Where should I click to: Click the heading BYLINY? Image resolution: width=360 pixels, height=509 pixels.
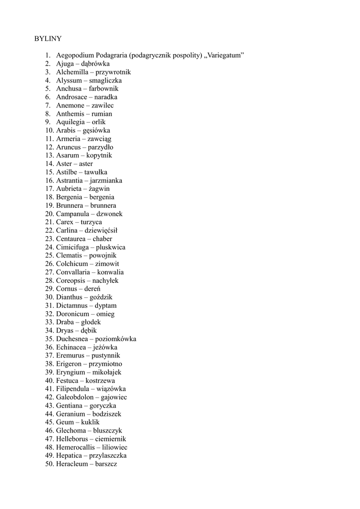click(x=48, y=39)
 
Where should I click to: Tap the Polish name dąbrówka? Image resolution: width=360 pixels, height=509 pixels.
click(x=95, y=64)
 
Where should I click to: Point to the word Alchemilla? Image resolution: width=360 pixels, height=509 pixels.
click(x=72, y=72)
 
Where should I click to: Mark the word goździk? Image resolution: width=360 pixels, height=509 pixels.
click(x=101, y=297)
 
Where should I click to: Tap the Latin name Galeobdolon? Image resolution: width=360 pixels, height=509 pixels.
click(x=75, y=397)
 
